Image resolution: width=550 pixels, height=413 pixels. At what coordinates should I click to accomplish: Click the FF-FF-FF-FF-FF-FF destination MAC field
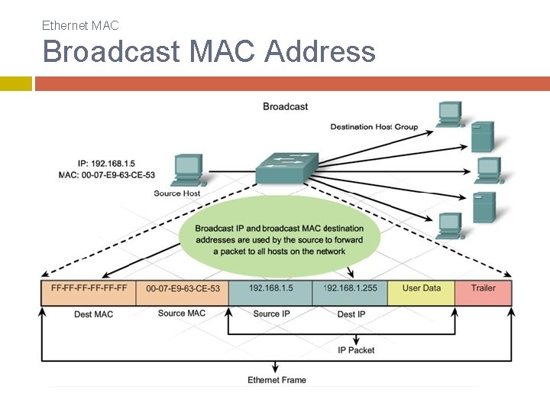click(89, 292)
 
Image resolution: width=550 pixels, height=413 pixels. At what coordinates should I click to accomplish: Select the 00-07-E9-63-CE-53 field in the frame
click(183, 292)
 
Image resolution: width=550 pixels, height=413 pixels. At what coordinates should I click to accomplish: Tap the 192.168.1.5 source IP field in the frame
click(270, 292)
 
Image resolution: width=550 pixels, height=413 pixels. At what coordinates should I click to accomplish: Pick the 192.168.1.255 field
click(350, 292)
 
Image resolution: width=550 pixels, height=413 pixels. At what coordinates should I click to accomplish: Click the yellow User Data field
click(421, 292)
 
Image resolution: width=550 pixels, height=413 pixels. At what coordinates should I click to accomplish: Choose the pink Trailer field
click(484, 292)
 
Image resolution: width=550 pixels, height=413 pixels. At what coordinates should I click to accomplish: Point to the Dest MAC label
click(94, 314)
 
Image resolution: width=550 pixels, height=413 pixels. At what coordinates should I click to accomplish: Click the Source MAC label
click(182, 314)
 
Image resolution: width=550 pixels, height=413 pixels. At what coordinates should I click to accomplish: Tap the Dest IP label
click(351, 314)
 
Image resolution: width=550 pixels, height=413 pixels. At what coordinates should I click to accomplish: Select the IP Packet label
click(356, 350)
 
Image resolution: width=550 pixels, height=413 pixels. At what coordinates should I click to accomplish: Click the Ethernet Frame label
click(277, 380)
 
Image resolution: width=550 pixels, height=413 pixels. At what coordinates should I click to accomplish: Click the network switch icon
click(287, 167)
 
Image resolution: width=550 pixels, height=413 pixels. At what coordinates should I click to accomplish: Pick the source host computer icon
click(189, 170)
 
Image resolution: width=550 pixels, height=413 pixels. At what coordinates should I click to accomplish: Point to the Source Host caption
click(176, 193)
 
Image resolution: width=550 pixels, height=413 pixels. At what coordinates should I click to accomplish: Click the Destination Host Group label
click(374, 127)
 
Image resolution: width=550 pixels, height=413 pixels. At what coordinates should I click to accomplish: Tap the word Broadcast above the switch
click(285, 106)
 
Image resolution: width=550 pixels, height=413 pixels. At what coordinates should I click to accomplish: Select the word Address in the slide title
click(320, 51)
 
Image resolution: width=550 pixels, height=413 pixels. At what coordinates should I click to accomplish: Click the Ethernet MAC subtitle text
click(80, 26)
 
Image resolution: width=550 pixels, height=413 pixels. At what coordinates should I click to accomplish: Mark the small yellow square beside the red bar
click(16, 84)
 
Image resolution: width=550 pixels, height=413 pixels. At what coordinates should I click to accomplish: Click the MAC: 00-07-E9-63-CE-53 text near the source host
click(107, 175)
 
